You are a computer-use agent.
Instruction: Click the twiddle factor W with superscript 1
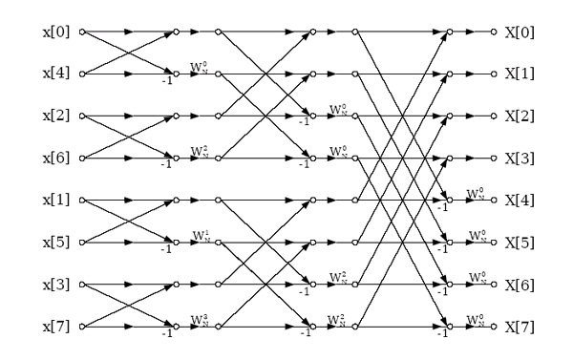coord(200,235)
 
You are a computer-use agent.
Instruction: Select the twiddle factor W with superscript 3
coord(200,319)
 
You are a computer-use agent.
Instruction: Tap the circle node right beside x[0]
coord(81,32)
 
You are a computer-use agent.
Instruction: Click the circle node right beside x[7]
coord(81,327)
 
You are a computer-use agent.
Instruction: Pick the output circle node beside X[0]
coord(494,32)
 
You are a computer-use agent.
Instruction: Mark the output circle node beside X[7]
coord(494,327)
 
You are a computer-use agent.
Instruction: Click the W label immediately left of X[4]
coord(475,193)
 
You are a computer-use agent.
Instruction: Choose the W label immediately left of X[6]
coord(475,277)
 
